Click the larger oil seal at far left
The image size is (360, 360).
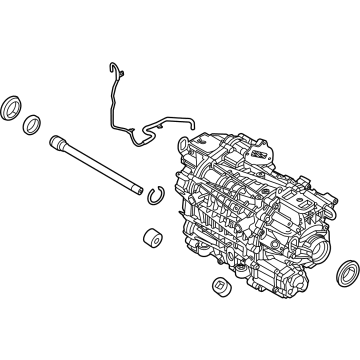click(x=14, y=108)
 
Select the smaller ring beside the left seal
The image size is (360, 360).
click(x=33, y=123)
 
